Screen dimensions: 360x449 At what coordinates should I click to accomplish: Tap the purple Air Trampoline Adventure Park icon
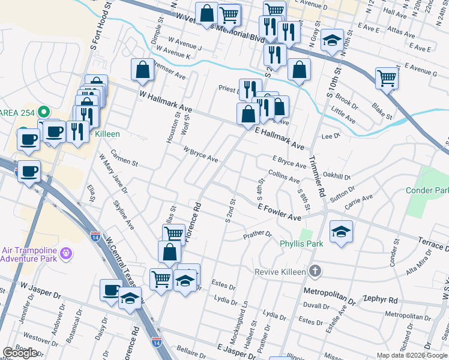point(66,254)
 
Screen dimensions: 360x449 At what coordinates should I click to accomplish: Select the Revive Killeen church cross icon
point(314,272)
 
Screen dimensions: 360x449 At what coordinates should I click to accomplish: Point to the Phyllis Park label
point(301,244)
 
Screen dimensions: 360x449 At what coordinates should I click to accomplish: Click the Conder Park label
point(427,190)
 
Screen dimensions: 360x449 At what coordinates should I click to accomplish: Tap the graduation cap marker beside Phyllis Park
point(341,232)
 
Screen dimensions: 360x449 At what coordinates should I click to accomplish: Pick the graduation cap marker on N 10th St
point(332,41)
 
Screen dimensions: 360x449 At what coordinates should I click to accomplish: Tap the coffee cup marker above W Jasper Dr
point(111,291)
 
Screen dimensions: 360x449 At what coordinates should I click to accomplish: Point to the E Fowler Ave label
point(279,211)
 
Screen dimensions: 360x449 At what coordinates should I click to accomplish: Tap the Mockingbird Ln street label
point(245,317)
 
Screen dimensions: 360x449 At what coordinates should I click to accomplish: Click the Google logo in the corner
point(20,353)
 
